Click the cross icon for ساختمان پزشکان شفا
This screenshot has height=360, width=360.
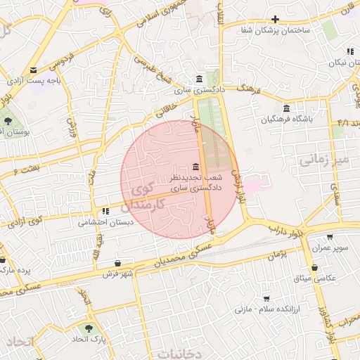[275, 19]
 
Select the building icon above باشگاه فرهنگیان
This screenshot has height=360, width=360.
[286, 108]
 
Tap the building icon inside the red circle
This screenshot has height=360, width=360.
[195, 167]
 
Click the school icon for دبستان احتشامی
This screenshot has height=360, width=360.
[105, 211]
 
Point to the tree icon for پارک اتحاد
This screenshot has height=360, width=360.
[89, 328]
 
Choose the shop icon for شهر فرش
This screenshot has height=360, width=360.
[117, 263]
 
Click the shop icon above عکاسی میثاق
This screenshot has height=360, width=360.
[314, 268]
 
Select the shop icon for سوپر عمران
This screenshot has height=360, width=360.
[330, 236]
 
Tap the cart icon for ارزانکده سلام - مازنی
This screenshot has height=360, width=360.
[266, 298]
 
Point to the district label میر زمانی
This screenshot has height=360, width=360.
[323, 160]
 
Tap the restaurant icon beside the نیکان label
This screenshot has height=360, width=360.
[350, 51]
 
